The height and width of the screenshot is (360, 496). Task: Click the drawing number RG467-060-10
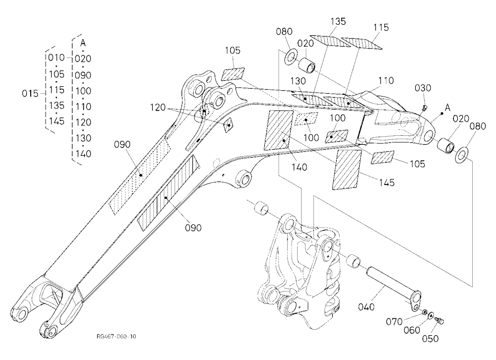click(117, 336)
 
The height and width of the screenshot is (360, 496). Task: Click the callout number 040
click(367, 306)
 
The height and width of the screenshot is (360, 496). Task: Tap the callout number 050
click(431, 339)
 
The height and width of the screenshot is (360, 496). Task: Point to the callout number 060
click(412, 330)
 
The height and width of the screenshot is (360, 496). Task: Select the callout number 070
click(394, 322)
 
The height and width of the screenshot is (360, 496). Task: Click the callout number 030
click(423, 88)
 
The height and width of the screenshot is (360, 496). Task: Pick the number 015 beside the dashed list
click(30, 94)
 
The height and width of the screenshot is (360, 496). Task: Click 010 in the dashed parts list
click(57, 58)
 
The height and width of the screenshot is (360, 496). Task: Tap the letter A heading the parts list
click(83, 43)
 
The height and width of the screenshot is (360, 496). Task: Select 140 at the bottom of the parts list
click(83, 154)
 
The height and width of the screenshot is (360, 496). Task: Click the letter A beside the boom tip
click(447, 108)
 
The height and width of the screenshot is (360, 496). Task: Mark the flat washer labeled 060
click(431, 315)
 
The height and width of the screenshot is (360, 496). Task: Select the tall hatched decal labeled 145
click(347, 170)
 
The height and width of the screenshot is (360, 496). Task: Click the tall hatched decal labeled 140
click(278, 130)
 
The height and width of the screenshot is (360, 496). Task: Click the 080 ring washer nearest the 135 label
click(291, 57)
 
